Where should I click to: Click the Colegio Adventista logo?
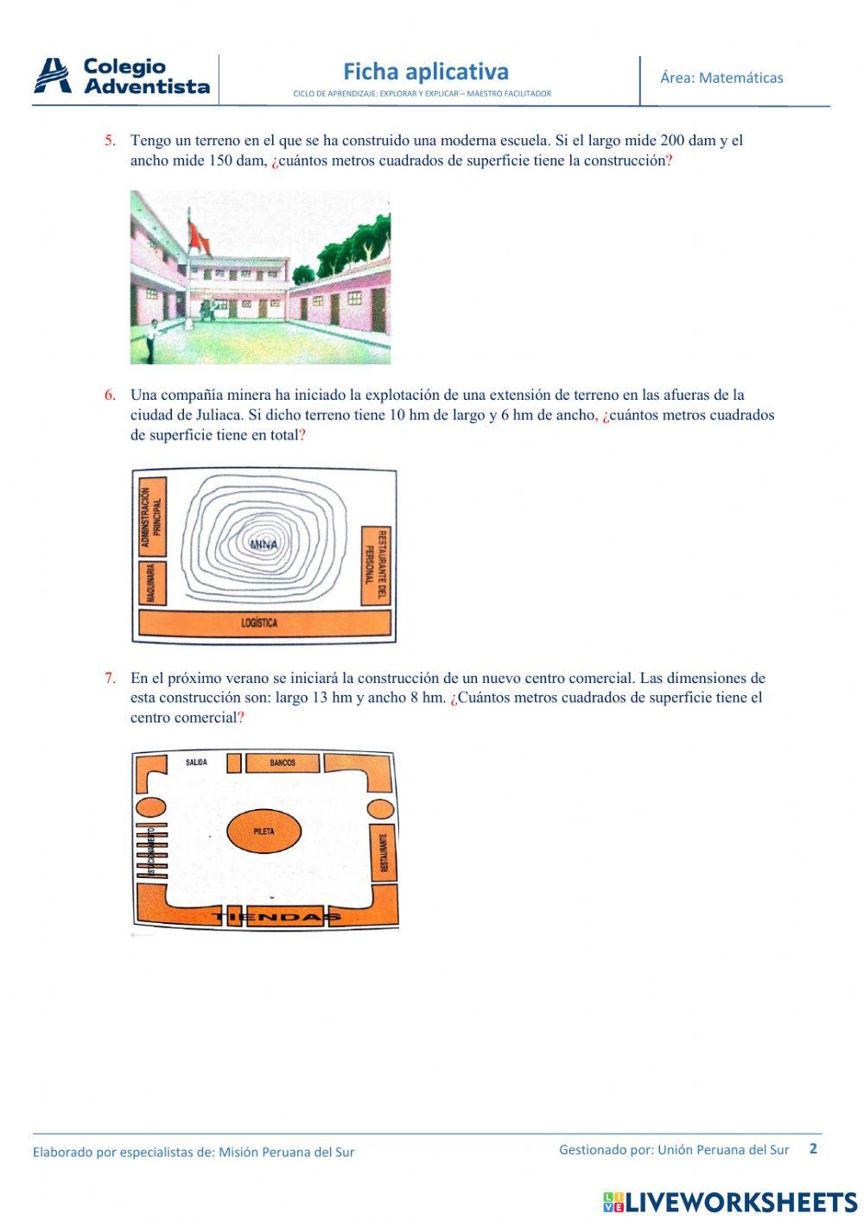[x=122, y=77]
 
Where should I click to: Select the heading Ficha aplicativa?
[x=425, y=72]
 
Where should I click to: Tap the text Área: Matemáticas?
[x=721, y=78]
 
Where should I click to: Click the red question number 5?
[x=110, y=140]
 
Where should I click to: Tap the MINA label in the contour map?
[x=264, y=545]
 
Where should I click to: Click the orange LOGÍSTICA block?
[x=264, y=623]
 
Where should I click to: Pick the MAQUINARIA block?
[x=151, y=584]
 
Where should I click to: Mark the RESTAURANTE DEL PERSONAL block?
[x=377, y=566]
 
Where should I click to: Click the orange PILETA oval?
[x=264, y=831]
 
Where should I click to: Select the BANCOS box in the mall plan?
[x=283, y=763]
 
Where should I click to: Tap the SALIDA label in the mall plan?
[x=196, y=762]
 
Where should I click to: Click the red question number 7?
[x=110, y=678]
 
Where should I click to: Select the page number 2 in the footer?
[x=812, y=1148]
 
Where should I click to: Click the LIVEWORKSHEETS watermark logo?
[x=730, y=1202]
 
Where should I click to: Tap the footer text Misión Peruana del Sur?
[x=286, y=1152]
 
